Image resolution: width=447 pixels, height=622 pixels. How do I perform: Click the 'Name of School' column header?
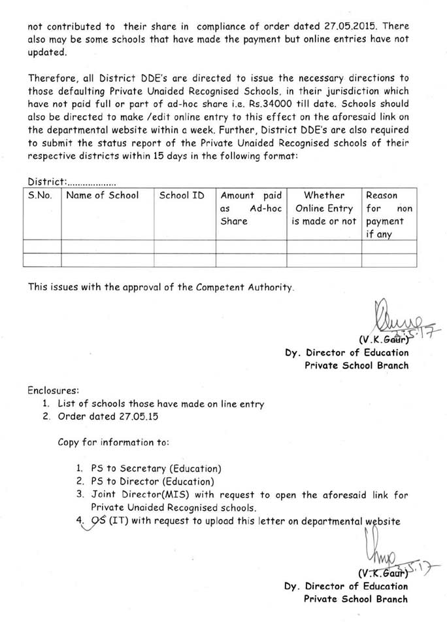click(x=103, y=195)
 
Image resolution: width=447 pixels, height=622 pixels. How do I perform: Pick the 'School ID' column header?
click(x=182, y=195)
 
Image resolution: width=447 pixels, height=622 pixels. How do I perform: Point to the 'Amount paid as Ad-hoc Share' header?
click(x=251, y=208)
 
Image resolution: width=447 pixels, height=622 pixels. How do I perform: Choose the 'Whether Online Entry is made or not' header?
click(x=324, y=208)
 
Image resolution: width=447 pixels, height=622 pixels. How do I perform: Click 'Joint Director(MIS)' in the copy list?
click(x=137, y=494)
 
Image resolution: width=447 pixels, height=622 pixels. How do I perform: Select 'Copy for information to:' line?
click(x=114, y=442)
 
